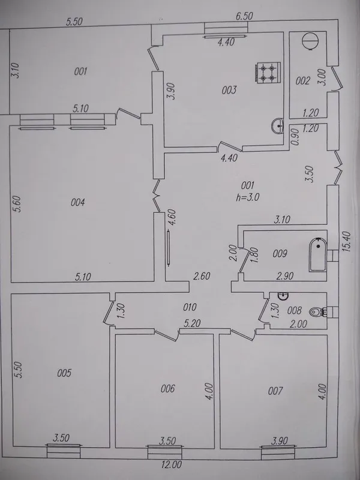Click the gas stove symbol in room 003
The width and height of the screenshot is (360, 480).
(x=267, y=72)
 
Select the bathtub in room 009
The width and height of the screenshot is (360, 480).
(x=318, y=254)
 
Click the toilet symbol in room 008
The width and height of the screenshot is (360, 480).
(x=317, y=312)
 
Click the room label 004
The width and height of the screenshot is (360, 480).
(x=78, y=202)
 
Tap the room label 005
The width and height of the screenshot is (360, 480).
(x=64, y=373)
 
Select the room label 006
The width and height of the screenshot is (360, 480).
(x=168, y=389)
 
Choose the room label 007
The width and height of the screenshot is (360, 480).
(x=275, y=391)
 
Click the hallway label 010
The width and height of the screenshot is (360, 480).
(x=190, y=307)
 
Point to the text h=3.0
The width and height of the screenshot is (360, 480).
(x=248, y=197)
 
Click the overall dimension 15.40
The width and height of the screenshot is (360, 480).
(x=347, y=242)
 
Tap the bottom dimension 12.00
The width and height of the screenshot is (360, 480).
(x=172, y=464)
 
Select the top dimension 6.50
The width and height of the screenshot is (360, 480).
(x=244, y=16)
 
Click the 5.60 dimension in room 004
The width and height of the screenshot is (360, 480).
(x=18, y=204)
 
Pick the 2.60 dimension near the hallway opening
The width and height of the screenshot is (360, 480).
(x=202, y=276)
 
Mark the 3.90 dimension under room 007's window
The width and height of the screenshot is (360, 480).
(x=279, y=441)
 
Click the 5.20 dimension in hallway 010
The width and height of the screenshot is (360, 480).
(x=192, y=323)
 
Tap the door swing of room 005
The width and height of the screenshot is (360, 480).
(x=109, y=313)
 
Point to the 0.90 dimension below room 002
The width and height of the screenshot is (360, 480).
(x=295, y=140)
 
